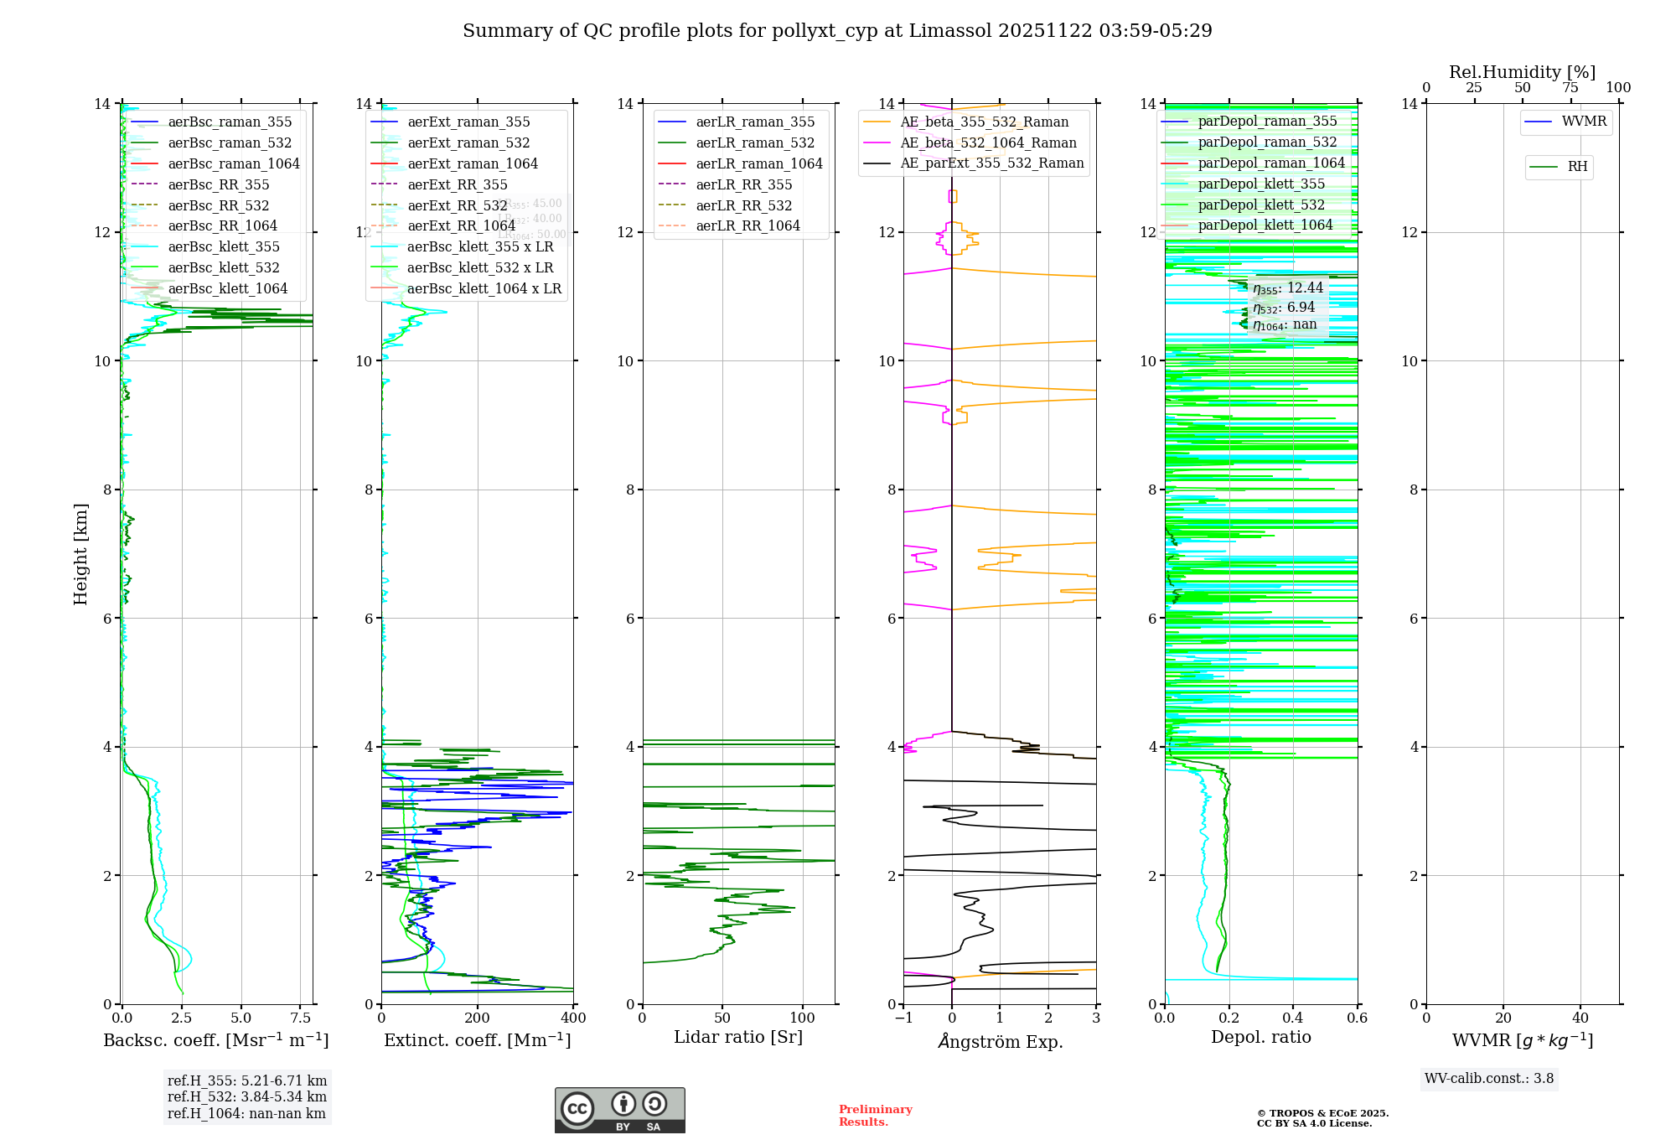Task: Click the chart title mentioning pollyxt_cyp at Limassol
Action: tap(837, 31)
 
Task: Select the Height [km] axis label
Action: tap(80, 553)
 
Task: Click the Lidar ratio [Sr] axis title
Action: tap(737, 1037)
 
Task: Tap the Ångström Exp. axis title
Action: tap(1000, 1041)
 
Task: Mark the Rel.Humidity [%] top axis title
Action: tap(1522, 72)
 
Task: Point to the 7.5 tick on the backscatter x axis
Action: tap(301, 1018)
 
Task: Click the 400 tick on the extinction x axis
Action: tap(573, 1018)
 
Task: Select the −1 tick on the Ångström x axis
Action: tap(903, 1018)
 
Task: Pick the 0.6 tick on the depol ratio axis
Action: tap(1357, 1018)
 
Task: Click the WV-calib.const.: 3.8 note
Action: tap(1488, 1079)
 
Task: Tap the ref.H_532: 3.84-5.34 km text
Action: tap(246, 1096)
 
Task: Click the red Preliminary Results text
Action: tap(875, 1116)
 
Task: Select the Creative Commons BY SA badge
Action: tap(619, 1110)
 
